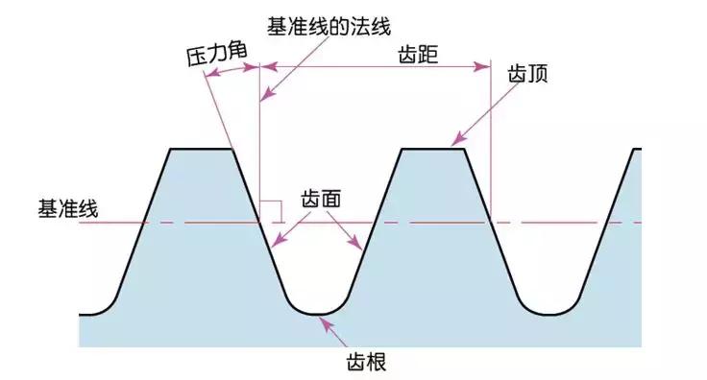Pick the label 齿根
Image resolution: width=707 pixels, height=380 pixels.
[365, 363]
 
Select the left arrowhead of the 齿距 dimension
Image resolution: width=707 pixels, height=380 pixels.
[266, 66]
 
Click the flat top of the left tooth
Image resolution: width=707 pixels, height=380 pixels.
[202, 149]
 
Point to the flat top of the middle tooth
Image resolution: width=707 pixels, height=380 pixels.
[432, 149]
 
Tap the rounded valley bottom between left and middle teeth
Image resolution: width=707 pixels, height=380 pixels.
[317, 313]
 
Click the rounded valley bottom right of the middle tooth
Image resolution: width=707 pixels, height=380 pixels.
[548, 313]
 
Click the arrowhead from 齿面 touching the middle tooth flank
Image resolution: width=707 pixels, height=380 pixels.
[361, 248]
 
